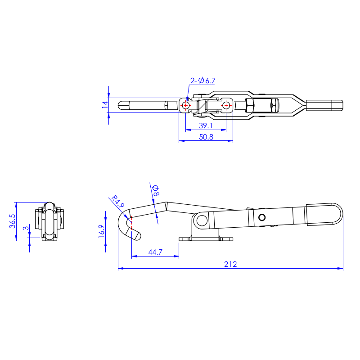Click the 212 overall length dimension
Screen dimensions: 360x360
pos(230,264)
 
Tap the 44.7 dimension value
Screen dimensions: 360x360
pos(155,252)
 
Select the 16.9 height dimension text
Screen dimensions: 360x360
pos(102,231)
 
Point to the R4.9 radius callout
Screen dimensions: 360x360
pos(118,201)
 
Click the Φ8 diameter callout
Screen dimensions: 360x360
pos(156,191)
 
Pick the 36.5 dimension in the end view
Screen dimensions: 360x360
pos(13,221)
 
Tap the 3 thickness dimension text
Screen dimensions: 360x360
pos(26,228)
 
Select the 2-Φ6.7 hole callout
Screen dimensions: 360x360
pos(203,81)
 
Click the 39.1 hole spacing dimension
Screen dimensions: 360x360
pos(206,126)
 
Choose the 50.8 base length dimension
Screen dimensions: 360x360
pos(206,137)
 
